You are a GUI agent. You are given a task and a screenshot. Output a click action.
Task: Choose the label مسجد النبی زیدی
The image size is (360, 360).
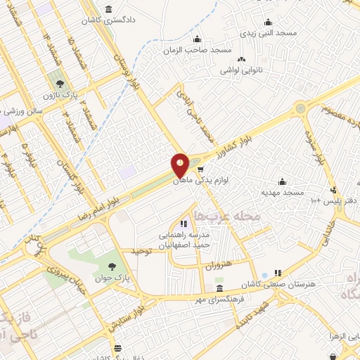click(x=267, y=33)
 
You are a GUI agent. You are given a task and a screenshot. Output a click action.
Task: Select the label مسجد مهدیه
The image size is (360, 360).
click(x=283, y=192)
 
